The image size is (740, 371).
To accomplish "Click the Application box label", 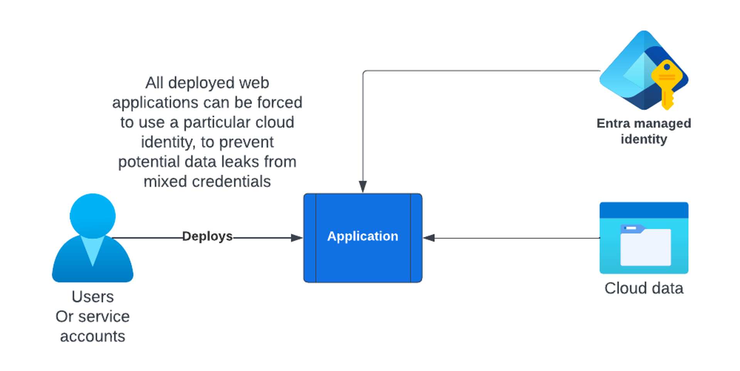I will point(362,236).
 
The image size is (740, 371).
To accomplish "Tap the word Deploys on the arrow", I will point(207,236).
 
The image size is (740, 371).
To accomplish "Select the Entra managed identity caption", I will point(644,131).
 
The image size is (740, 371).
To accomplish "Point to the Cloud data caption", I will point(644,288).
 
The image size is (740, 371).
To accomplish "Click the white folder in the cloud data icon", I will point(646,247).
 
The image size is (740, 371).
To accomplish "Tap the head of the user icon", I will point(92,215).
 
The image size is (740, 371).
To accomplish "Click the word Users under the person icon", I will point(92,297).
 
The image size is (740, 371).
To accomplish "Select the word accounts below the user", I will point(92,336).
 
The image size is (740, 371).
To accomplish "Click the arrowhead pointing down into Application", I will point(363,187).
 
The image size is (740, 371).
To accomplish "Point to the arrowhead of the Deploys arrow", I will point(296,238).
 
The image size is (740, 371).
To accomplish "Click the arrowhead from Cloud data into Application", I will point(429,238).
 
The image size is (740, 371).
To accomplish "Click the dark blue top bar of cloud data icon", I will point(644,210).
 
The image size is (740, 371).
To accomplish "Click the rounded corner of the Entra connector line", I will point(364,72).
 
